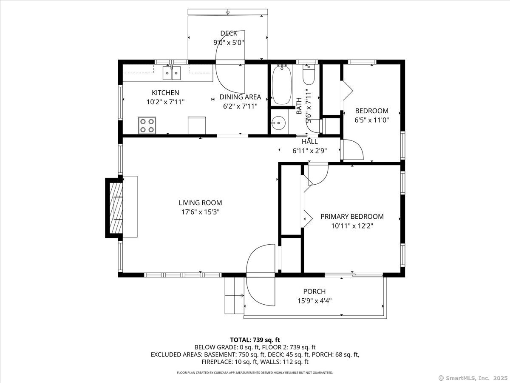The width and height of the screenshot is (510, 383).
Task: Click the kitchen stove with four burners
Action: [x=147, y=126]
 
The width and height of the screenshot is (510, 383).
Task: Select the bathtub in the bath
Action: [x=281, y=85]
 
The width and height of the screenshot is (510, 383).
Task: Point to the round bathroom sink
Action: [x=278, y=123]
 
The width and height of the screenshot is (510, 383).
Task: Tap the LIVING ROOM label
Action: [x=200, y=203]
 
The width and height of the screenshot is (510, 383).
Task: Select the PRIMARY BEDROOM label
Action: [x=352, y=217]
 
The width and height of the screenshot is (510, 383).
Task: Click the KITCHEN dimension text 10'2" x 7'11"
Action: [x=165, y=102]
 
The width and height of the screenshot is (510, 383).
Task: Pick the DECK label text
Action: [x=229, y=33]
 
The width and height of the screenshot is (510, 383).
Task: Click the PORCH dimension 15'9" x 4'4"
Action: [x=314, y=300]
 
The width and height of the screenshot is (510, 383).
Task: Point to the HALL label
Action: [x=309, y=142]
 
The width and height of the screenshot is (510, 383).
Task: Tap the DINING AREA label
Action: [x=240, y=97]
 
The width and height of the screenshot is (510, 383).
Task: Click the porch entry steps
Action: [x=234, y=295]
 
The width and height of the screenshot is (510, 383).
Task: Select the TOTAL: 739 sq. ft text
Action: [x=255, y=340]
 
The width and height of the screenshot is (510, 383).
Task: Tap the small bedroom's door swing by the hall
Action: [x=352, y=150]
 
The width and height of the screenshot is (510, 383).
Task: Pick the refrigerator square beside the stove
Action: [x=197, y=126]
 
